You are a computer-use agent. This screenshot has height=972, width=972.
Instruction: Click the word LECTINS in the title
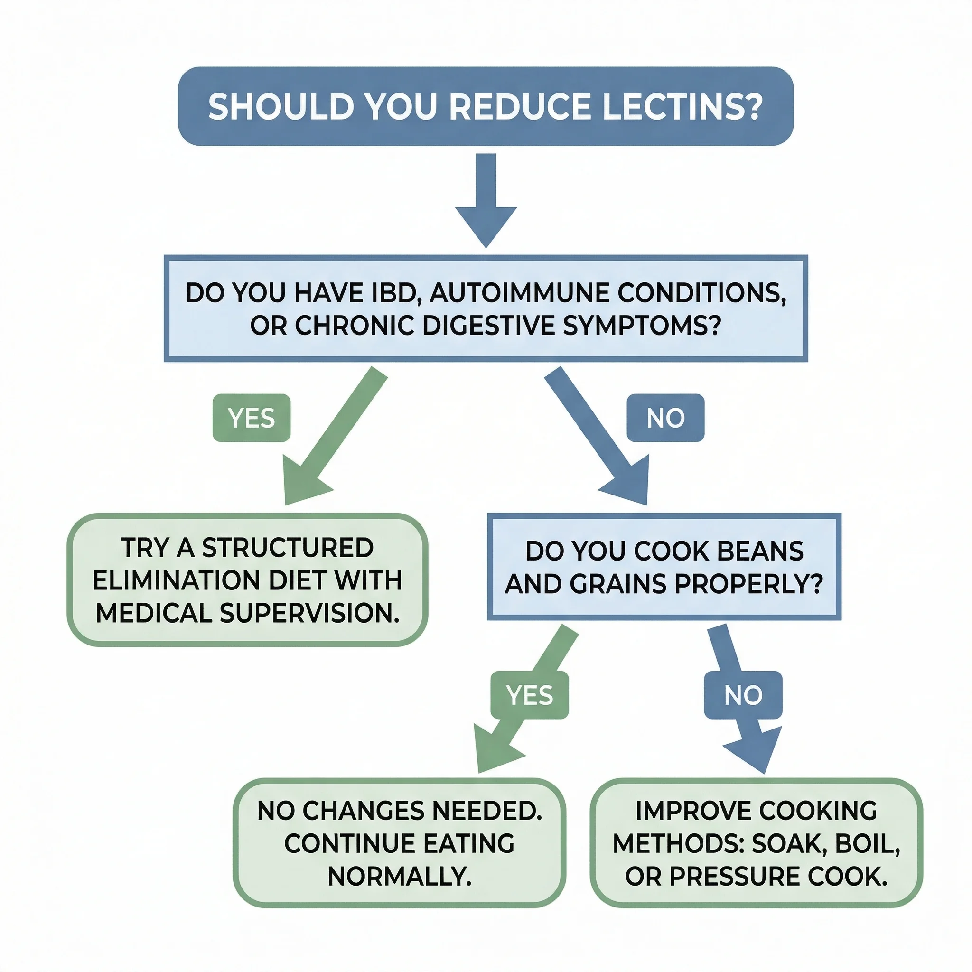(682, 107)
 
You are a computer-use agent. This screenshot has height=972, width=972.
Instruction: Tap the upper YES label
(252, 418)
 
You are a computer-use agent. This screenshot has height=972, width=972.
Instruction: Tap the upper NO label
(665, 418)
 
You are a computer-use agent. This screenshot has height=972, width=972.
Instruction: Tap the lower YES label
(529, 695)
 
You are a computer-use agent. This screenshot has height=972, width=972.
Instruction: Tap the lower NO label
(743, 695)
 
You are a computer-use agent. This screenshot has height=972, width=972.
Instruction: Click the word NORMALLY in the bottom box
(399, 877)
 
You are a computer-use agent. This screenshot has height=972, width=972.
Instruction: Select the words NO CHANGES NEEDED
(399, 811)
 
